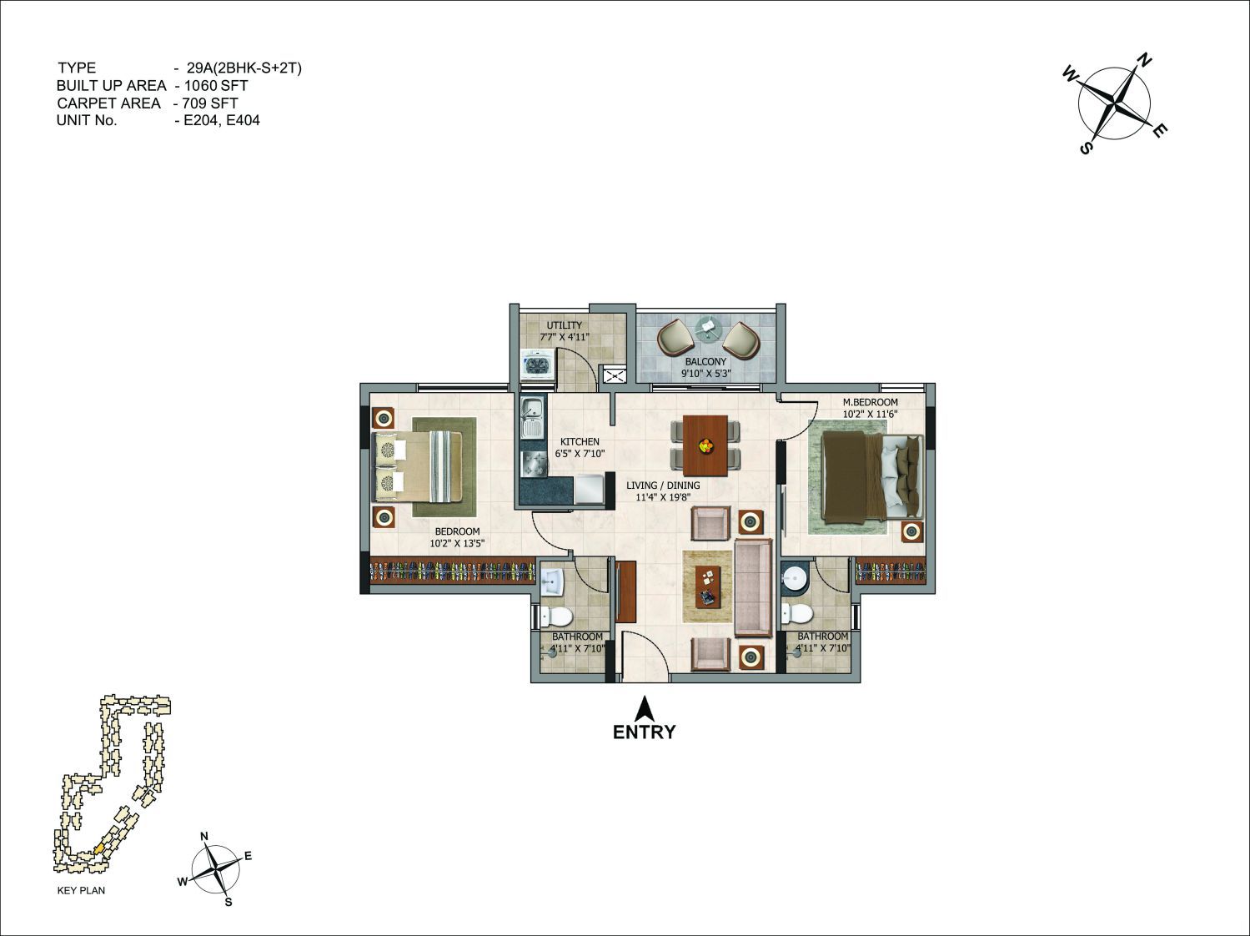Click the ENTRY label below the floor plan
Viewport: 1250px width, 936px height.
644,732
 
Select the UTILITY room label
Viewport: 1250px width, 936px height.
565,325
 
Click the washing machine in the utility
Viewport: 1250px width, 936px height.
538,363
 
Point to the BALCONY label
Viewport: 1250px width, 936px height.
705,361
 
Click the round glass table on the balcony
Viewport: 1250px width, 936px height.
708,328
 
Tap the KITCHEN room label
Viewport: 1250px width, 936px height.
580,441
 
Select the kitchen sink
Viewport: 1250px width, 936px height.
533,418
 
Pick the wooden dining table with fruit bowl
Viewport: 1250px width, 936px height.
705,445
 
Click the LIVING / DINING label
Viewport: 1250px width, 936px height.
663,486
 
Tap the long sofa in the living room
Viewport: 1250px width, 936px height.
753,586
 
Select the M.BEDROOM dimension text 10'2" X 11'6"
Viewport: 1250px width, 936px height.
870,414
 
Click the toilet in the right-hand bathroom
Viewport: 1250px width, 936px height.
797,613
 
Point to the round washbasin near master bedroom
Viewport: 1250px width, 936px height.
792,578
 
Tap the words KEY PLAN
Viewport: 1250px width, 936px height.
81,890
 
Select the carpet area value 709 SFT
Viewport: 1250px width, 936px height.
210,103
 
